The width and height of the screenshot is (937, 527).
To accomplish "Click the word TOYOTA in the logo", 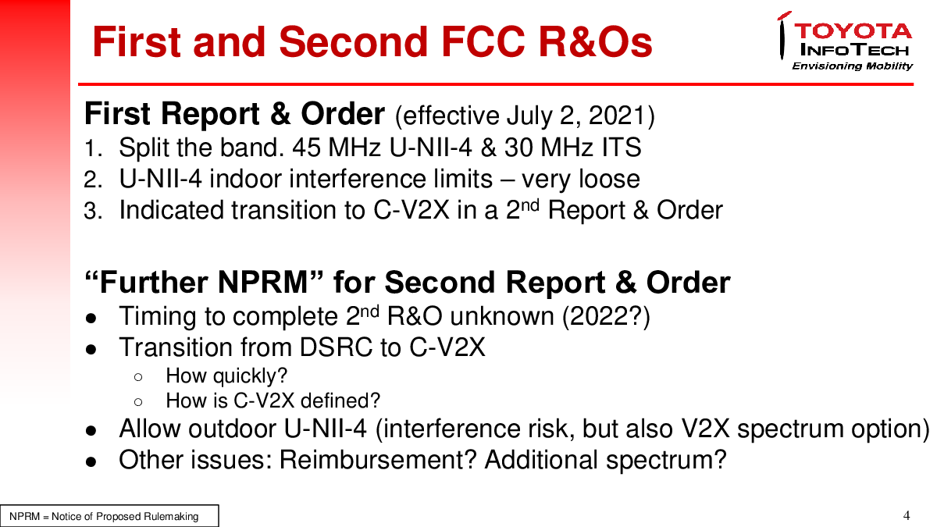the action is pos(853,31).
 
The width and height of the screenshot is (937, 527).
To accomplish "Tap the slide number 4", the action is pos(907,515).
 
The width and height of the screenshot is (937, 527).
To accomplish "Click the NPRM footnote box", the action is pos(109,516).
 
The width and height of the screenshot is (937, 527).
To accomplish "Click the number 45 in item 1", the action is pos(306,148).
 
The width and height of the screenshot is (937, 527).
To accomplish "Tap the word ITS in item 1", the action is pos(622,148).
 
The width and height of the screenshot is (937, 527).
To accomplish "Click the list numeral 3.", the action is pos(92,210).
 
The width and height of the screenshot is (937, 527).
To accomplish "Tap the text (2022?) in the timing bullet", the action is pos(606,317).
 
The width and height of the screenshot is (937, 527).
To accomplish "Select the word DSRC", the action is pos(336,347).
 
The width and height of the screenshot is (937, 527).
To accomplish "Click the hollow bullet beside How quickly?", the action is pos(138,377).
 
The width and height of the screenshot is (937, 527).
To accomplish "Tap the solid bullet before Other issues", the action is pos(91,461).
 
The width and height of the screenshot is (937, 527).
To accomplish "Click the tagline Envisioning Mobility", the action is pos(852,66).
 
